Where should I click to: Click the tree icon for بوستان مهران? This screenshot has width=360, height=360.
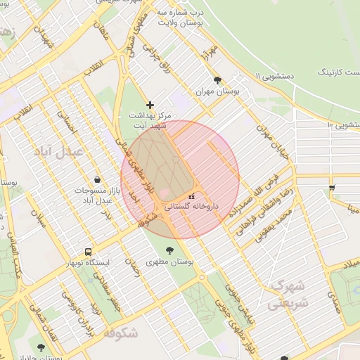pyautogui.click(x=217, y=80)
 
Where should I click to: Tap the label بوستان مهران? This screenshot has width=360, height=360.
pyautogui.click(x=217, y=92)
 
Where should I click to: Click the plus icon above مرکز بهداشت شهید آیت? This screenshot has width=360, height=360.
pyautogui.click(x=150, y=105)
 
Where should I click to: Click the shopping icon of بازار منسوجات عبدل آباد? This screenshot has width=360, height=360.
pyautogui.click(x=96, y=180)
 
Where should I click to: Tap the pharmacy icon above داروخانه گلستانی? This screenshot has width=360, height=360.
pyautogui.click(x=191, y=195)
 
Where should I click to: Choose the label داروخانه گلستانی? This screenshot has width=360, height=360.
pyautogui.click(x=192, y=207)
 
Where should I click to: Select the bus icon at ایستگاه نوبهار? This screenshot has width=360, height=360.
pyautogui.click(x=88, y=252)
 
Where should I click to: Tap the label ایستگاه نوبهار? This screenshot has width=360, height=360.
pyautogui.click(x=88, y=263)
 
